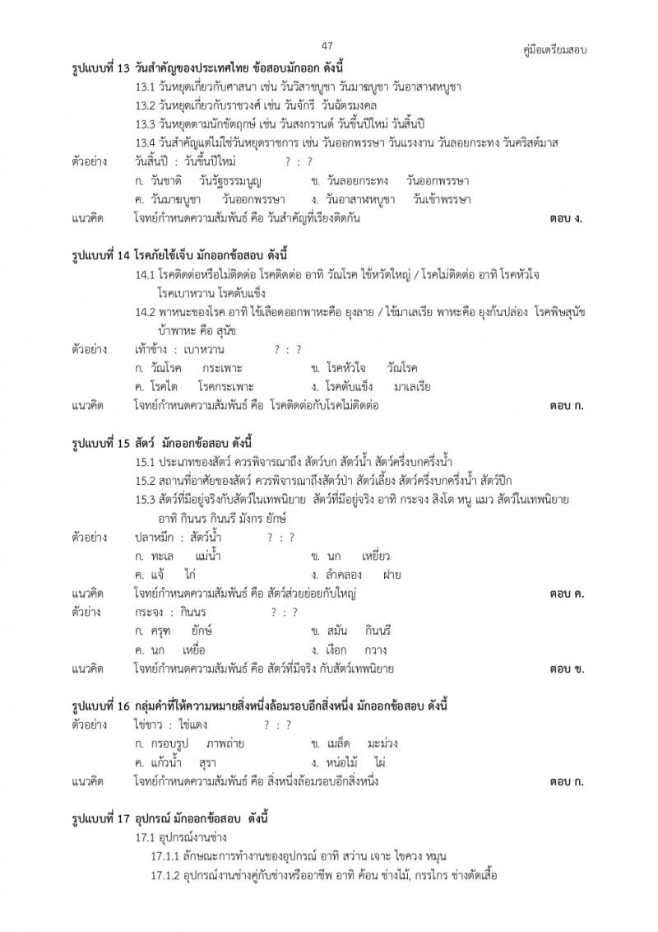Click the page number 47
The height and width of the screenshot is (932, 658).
pos(327,46)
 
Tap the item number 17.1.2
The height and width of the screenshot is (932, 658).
pos(164,874)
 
